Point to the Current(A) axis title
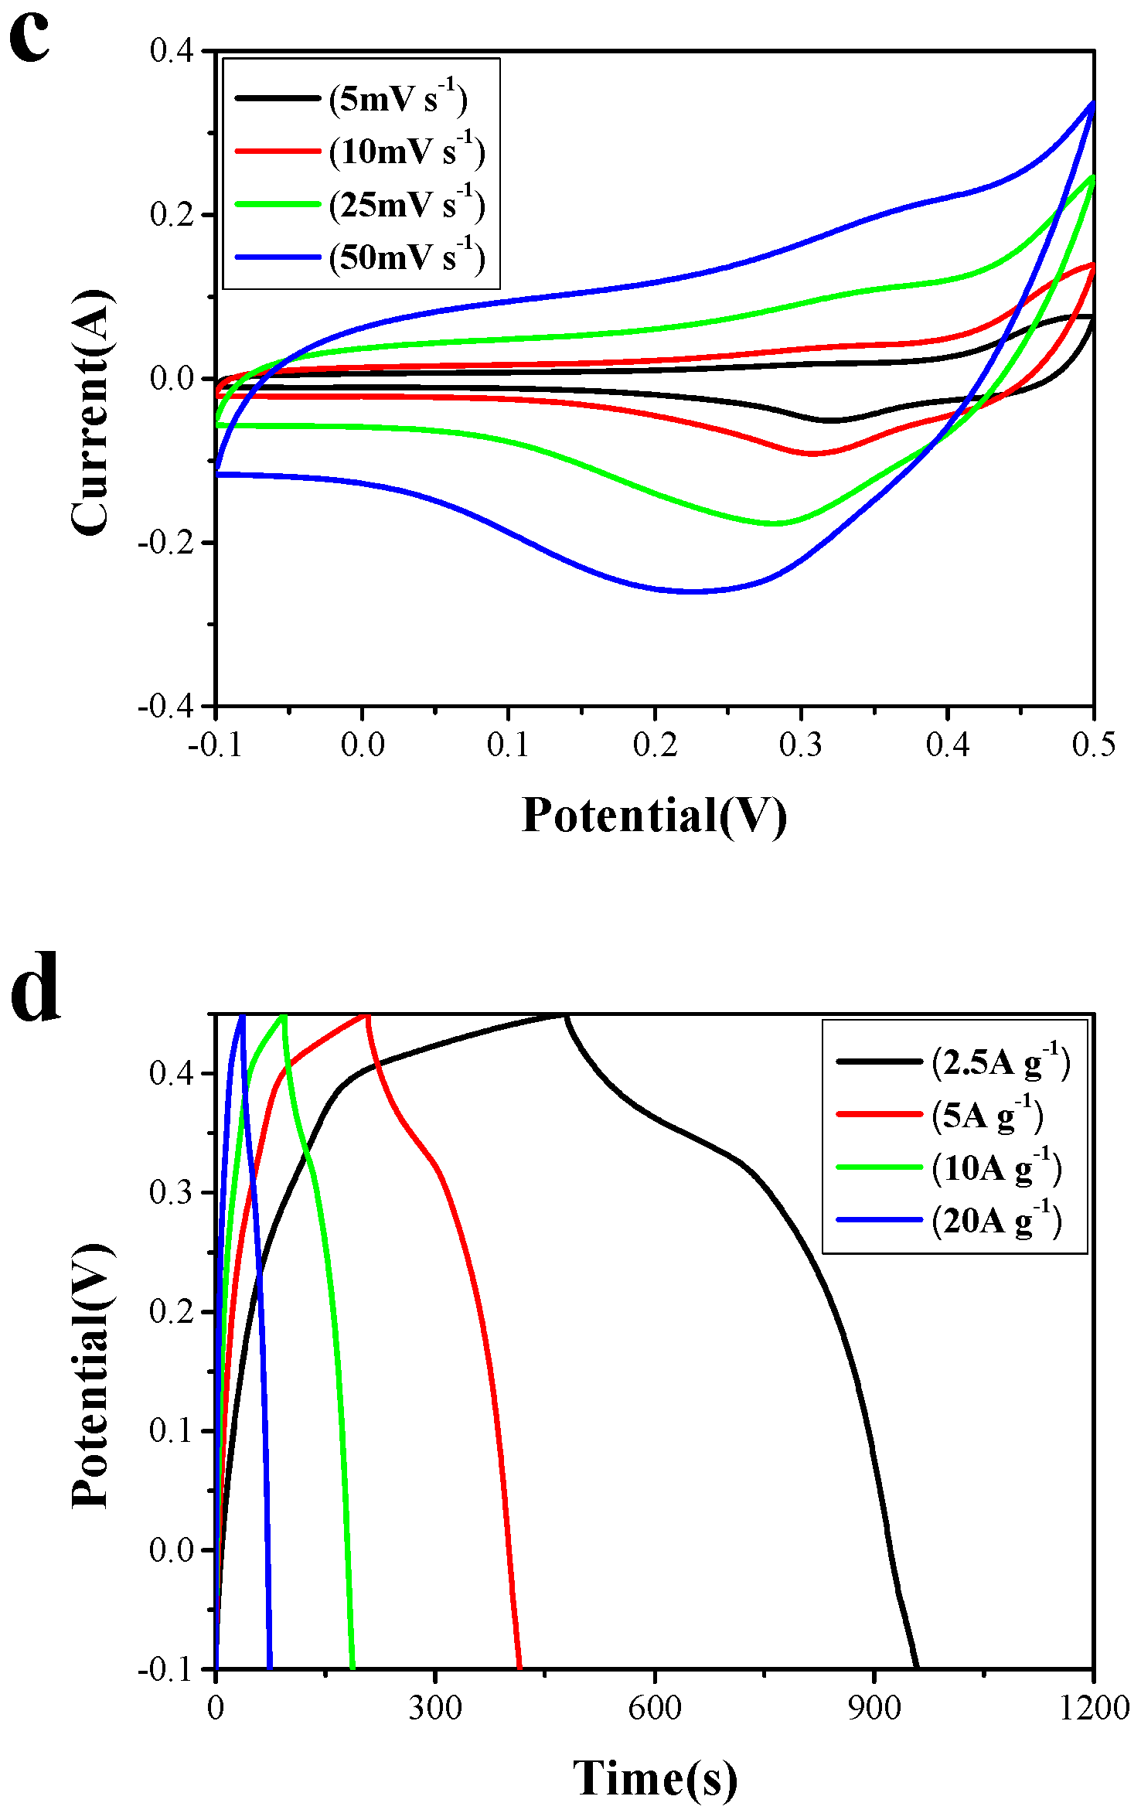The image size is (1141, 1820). [x=91, y=412]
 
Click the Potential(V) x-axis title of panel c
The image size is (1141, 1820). [x=654, y=815]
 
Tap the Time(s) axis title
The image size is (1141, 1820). [x=655, y=1777]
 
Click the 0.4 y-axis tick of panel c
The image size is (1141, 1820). [x=171, y=51]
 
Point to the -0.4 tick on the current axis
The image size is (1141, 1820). [x=165, y=706]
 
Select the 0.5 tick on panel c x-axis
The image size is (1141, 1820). [x=1093, y=745]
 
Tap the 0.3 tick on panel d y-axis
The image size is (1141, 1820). [x=171, y=1192]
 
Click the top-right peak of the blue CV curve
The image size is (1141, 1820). [x=1092, y=102]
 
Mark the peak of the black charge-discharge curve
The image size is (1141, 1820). [x=564, y=1014]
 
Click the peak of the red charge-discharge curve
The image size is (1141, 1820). [x=366, y=1015]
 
